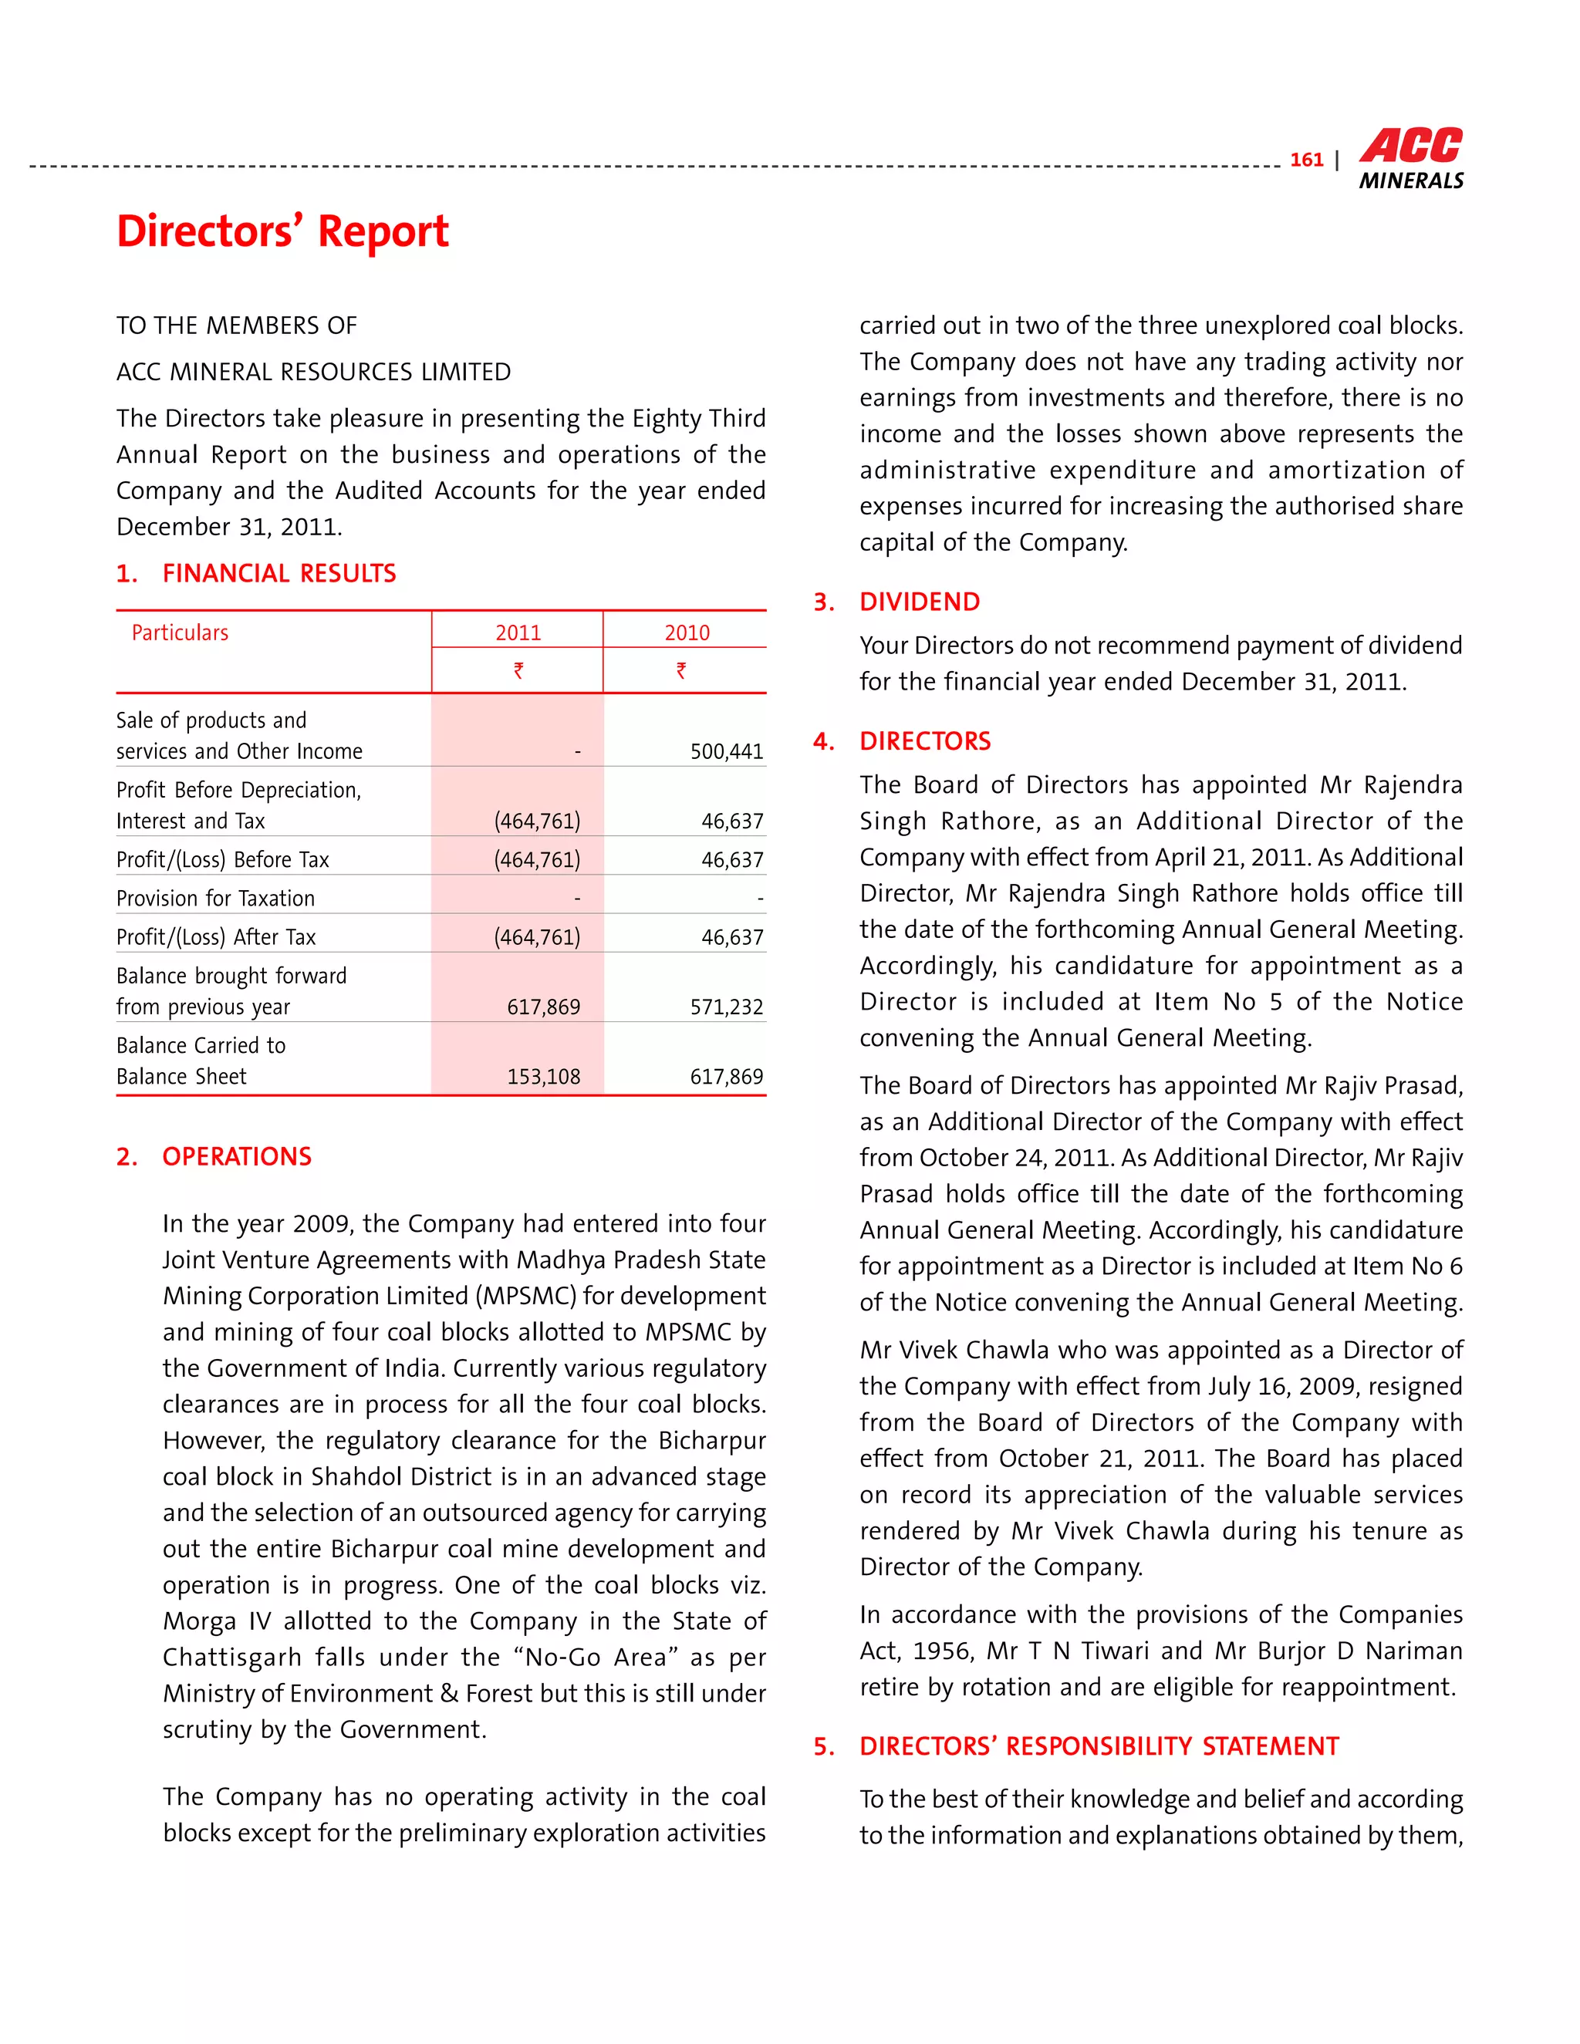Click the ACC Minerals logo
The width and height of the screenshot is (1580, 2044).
(1410, 159)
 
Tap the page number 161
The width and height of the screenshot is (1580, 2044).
(1306, 160)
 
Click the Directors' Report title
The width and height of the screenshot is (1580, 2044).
(282, 231)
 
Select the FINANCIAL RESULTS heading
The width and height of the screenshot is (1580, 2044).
(279, 573)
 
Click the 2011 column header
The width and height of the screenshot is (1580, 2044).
(518, 632)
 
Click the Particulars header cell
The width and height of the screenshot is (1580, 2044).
(180, 632)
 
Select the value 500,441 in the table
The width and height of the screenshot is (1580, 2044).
(726, 751)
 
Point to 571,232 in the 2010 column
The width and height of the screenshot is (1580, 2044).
(726, 1007)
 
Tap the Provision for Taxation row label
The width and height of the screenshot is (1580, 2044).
(215, 899)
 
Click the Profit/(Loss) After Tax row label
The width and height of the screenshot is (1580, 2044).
(216, 937)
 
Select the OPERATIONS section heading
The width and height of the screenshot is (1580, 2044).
(237, 1157)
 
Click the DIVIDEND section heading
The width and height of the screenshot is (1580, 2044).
(919, 602)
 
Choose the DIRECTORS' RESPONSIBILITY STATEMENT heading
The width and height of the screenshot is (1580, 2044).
(1099, 1746)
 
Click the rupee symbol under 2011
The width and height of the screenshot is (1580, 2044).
(518, 670)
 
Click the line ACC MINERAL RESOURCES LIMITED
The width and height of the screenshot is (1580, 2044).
(313, 372)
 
